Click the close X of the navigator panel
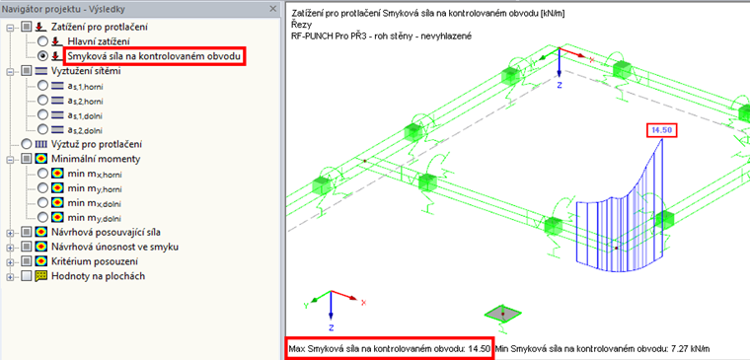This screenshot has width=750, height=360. pos(272,9)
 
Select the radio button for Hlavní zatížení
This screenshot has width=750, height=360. pos(42,41)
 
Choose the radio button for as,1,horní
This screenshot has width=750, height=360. pos(42,86)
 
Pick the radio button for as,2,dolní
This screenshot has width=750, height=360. pos(42,128)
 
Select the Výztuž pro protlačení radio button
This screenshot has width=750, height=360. pos(28,143)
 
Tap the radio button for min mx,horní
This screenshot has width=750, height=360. pos(42,173)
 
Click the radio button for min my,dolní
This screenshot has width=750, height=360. pos(42,217)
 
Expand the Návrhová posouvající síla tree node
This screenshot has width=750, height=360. pos(10,233)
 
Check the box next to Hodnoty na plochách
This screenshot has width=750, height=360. pos(27,276)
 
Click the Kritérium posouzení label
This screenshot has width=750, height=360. pos(95,261)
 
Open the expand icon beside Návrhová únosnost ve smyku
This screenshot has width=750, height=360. pos(10,248)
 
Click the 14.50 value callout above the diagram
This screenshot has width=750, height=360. pos(662,130)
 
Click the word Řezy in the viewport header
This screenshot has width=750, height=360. pos(298,25)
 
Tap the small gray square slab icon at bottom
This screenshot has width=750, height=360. pos(502,313)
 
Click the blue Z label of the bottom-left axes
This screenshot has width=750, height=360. pos(331,327)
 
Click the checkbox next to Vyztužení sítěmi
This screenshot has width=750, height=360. pos(27,71)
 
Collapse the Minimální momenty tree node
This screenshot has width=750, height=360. pos(10,159)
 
